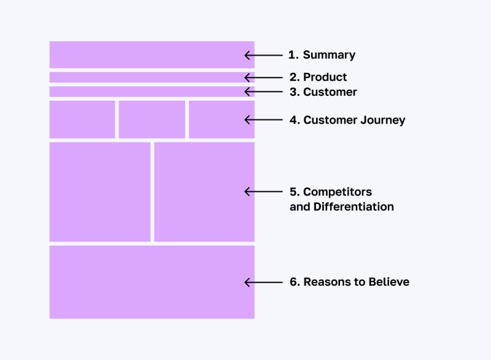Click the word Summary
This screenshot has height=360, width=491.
click(329, 55)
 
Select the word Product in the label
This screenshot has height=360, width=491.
click(325, 77)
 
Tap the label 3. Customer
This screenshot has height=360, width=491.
click(323, 92)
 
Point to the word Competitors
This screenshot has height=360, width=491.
click(337, 192)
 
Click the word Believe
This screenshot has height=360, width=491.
click(389, 283)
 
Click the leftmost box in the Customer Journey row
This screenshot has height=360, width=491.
click(82, 120)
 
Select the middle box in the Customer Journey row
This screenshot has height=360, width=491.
click(152, 120)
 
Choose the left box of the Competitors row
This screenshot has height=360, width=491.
click(99, 192)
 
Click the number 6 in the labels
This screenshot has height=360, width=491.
click(293, 283)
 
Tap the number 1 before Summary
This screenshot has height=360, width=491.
click(292, 55)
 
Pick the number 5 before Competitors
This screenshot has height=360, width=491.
click(293, 192)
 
